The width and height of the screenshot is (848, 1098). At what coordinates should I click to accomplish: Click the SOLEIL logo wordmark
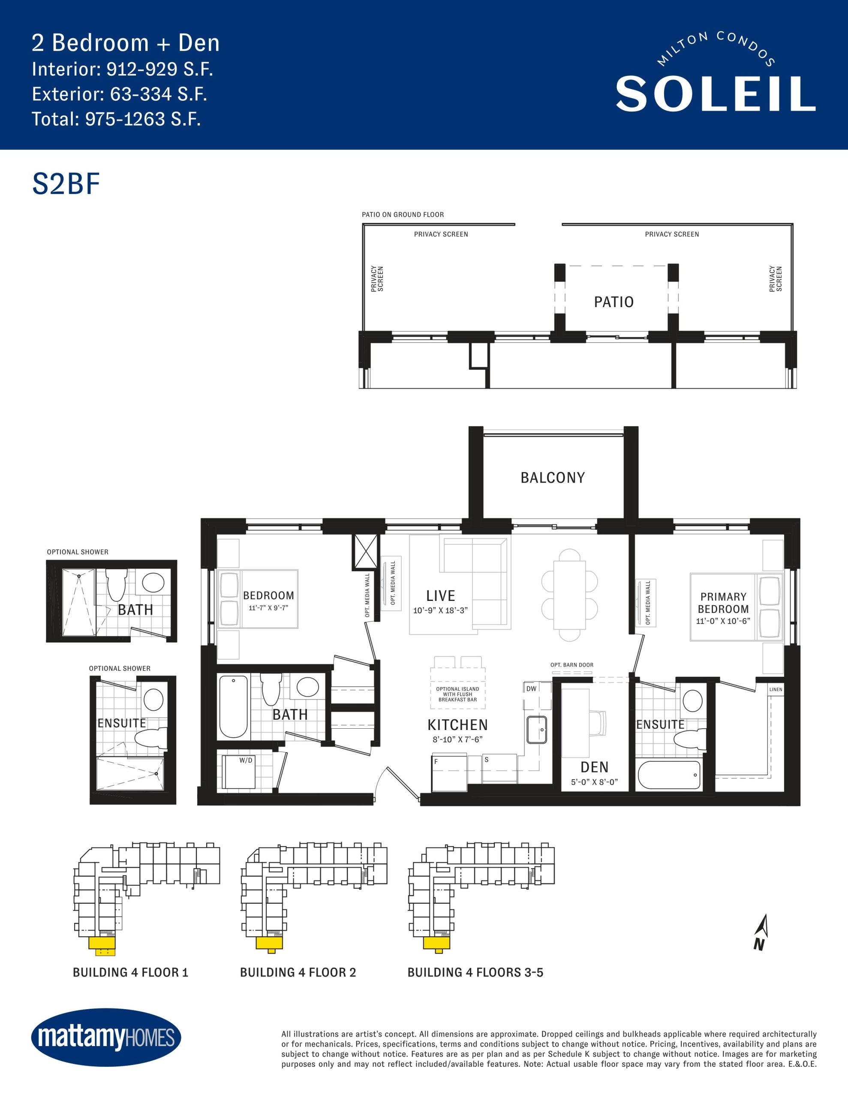click(715, 94)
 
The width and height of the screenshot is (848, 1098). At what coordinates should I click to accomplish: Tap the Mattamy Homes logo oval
click(106, 1037)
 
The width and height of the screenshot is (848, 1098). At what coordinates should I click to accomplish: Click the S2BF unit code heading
click(66, 184)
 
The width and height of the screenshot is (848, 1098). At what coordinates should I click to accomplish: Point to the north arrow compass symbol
click(761, 932)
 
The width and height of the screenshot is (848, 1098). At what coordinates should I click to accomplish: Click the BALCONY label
click(553, 478)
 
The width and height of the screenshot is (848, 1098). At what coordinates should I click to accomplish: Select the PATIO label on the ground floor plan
click(614, 302)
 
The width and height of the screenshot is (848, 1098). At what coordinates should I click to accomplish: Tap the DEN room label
click(594, 767)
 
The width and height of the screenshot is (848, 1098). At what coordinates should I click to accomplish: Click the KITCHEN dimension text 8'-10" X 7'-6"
click(457, 739)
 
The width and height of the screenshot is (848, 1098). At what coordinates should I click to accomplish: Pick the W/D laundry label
click(246, 760)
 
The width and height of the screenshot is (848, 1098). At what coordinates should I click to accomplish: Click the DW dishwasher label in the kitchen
click(531, 689)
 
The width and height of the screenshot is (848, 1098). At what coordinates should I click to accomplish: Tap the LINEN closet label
click(776, 689)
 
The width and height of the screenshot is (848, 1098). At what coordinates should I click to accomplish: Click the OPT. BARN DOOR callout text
click(572, 665)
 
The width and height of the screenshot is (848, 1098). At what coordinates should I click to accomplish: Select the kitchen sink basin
click(537, 730)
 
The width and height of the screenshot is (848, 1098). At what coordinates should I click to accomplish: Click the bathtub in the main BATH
click(233, 707)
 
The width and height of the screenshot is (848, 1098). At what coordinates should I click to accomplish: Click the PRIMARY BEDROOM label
click(723, 603)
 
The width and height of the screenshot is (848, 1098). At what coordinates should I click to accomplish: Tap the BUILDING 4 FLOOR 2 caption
click(298, 972)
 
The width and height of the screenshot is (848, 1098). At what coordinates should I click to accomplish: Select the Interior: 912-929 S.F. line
click(123, 69)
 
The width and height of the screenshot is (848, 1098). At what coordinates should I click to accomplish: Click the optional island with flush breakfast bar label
click(457, 694)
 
